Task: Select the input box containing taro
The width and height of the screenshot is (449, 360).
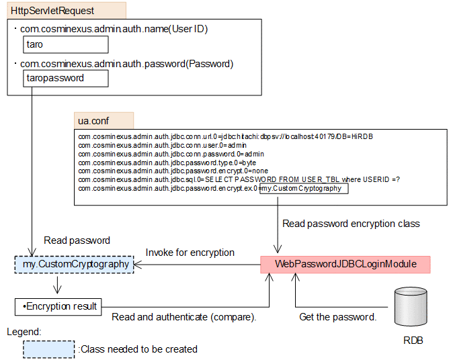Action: tap(65, 44)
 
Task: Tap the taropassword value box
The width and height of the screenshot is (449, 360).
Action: tap(65, 78)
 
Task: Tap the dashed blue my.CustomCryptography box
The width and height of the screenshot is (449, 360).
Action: tap(72, 264)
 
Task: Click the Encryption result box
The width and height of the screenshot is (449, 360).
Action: tap(58, 306)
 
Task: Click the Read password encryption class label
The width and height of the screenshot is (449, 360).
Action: tap(351, 224)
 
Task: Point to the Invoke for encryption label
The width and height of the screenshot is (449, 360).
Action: tap(190, 253)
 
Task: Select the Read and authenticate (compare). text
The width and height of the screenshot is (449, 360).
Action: tap(184, 316)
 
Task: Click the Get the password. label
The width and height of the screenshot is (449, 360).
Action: tap(337, 316)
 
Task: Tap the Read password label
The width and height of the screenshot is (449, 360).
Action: tap(77, 240)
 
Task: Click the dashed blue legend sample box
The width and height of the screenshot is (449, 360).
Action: tap(48, 349)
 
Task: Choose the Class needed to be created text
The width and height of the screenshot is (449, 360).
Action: tap(138, 349)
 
